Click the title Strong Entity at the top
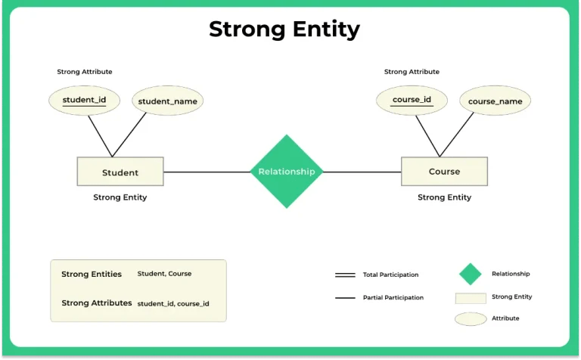click(284, 29)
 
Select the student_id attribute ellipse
click(84, 100)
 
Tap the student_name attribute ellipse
click(168, 101)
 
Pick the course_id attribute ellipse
click(412, 100)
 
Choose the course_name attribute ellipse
click(495, 101)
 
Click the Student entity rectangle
click(120, 172)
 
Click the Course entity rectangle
click(444, 171)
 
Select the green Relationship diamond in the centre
click(287, 172)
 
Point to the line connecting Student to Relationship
click(206, 172)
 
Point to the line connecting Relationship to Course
click(362, 172)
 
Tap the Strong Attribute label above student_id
click(85, 72)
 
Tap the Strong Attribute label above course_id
click(412, 72)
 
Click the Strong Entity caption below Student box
click(120, 197)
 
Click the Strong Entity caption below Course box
click(444, 197)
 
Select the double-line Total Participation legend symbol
click(345, 275)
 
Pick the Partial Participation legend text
click(393, 298)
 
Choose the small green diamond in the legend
click(471, 274)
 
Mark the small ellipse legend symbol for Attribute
click(471, 318)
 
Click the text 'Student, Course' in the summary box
click(164, 274)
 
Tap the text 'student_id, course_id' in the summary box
click(173, 303)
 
